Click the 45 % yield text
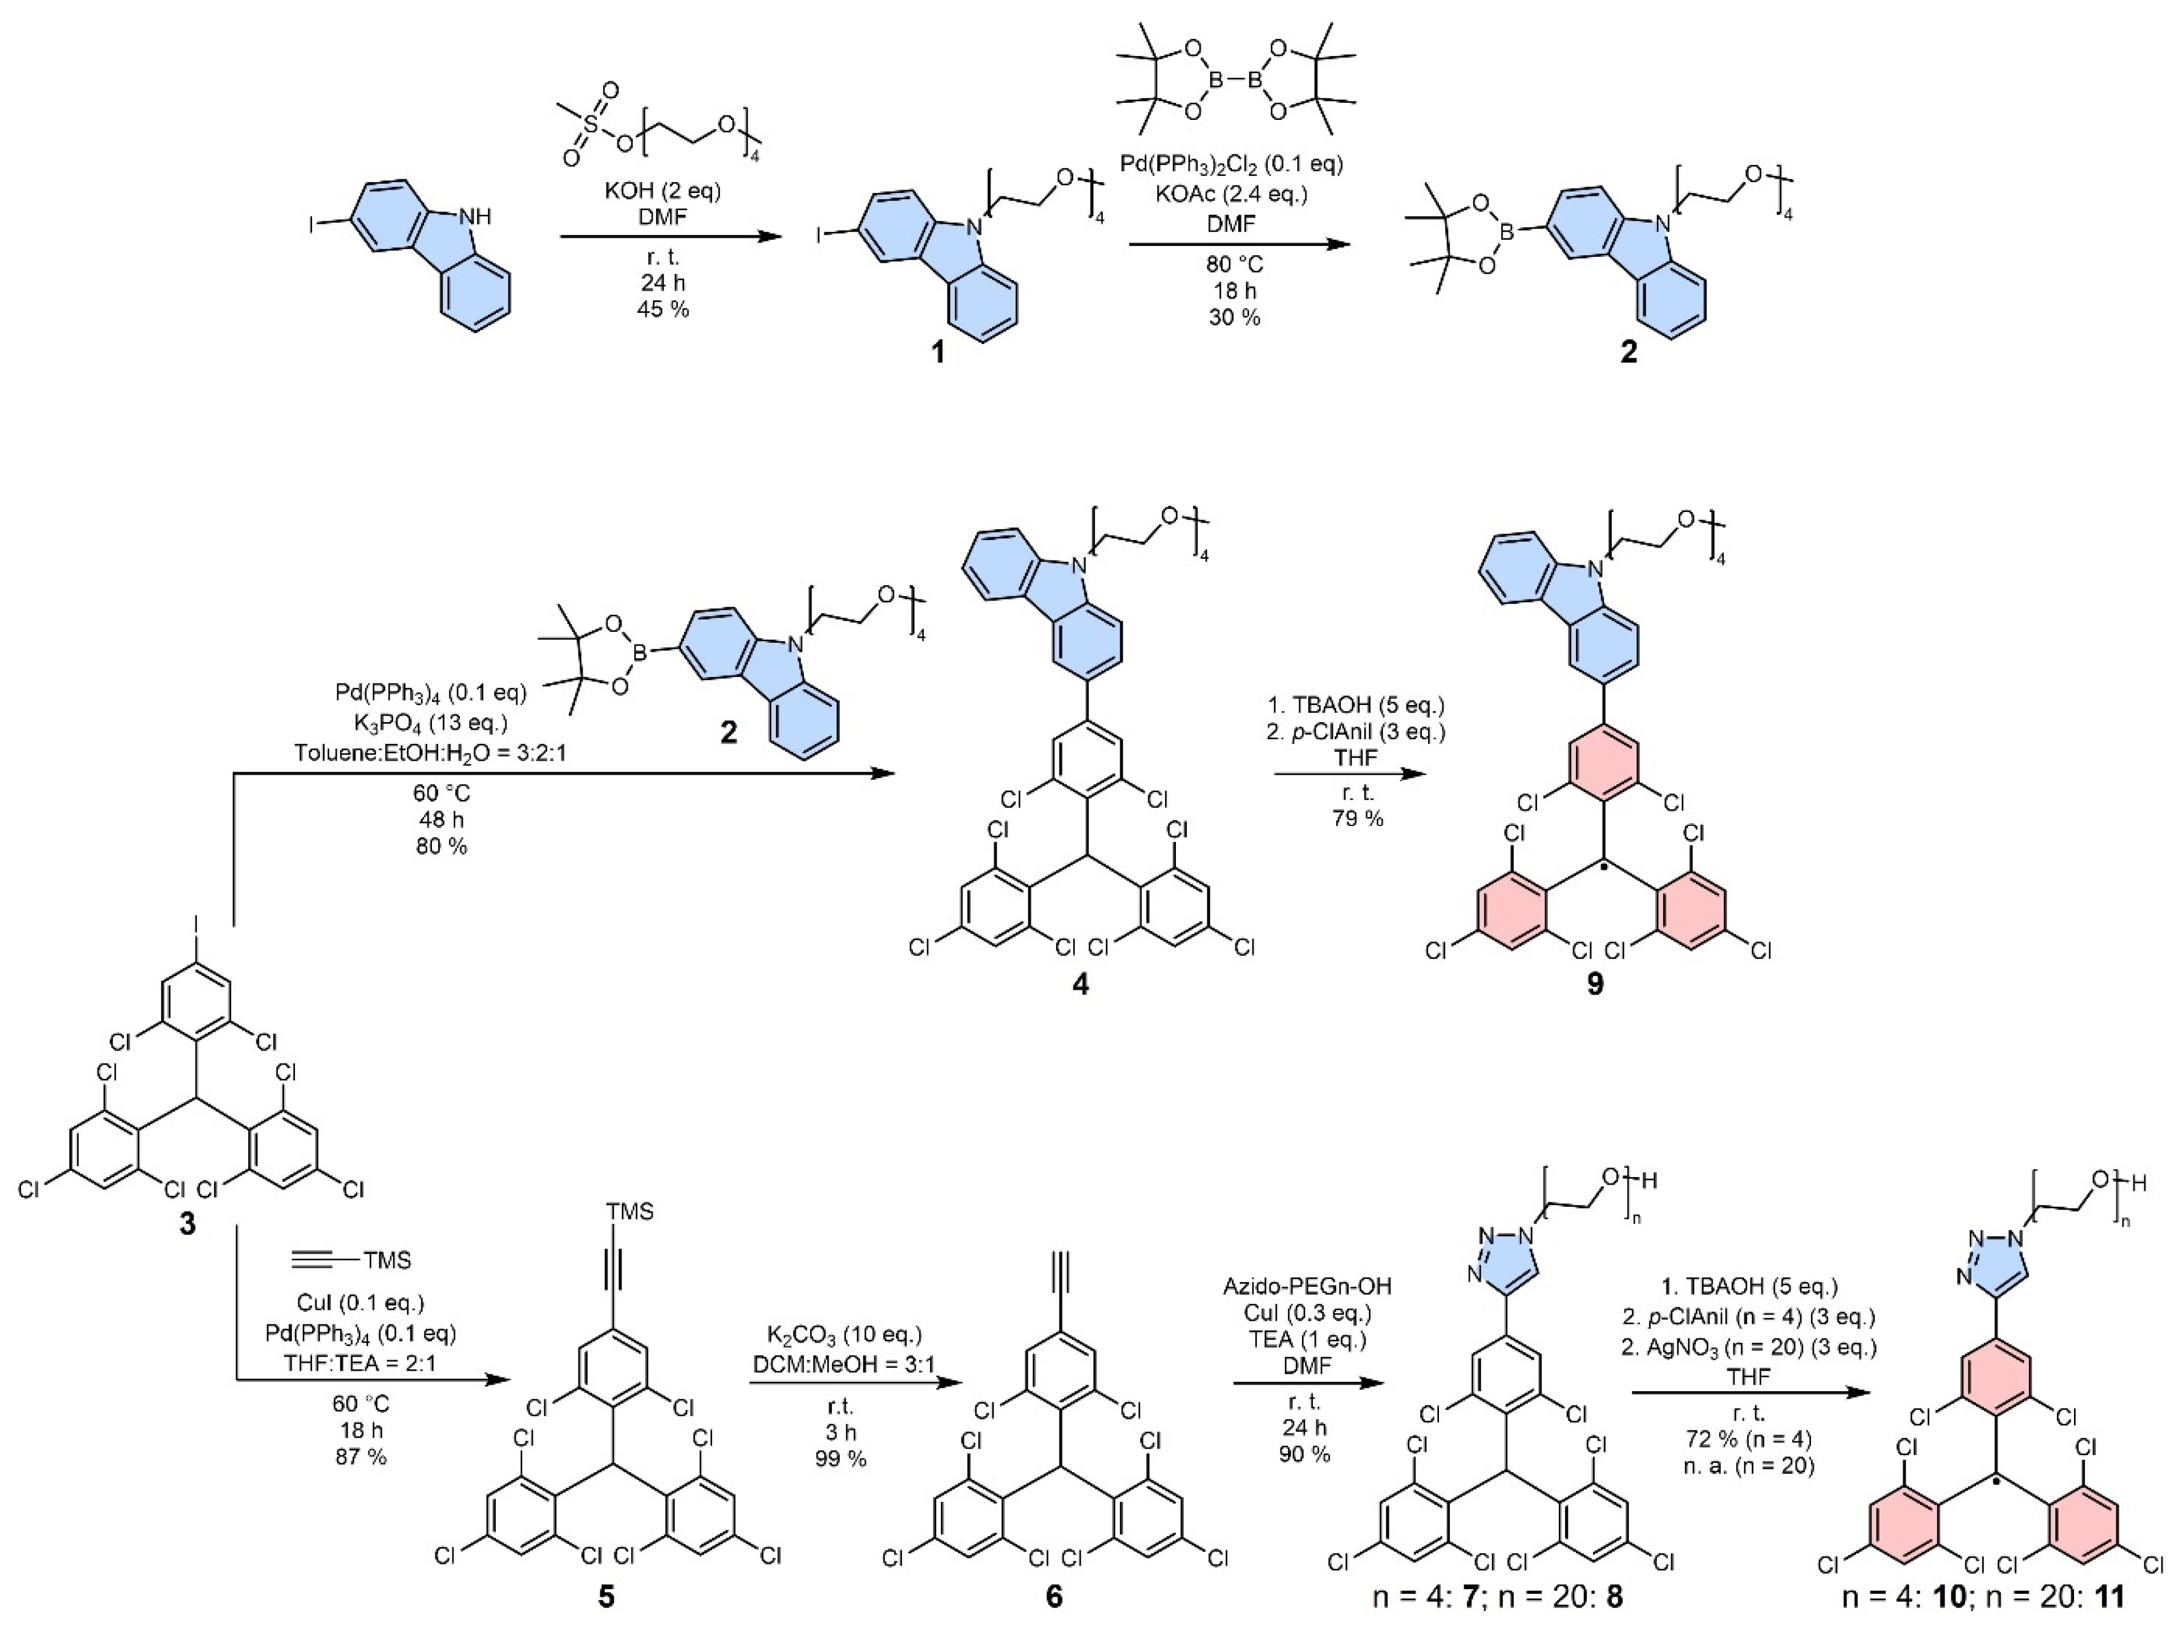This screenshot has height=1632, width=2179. pyautogui.click(x=663, y=309)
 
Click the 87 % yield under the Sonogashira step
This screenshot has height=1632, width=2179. pyautogui.click(x=361, y=1457)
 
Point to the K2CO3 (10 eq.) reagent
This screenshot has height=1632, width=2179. pyautogui.click(x=844, y=1335)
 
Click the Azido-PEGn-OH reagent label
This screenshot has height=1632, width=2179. pyautogui.click(x=1305, y=1287)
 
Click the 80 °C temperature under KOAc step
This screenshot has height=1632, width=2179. pyautogui.click(x=1234, y=265)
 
